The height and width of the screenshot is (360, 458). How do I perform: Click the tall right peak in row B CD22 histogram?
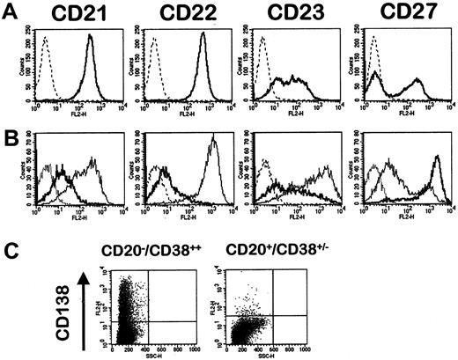click(x=211, y=163)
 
